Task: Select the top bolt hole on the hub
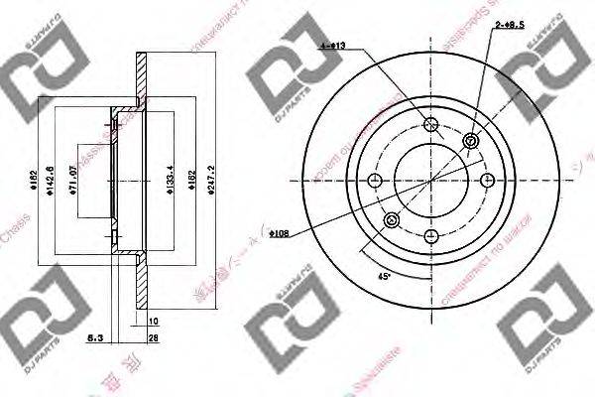click(x=430, y=125)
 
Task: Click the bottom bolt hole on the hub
click(x=430, y=236)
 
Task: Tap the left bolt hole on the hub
click(x=375, y=181)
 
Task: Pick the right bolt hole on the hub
click(x=486, y=181)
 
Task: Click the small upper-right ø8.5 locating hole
click(x=469, y=142)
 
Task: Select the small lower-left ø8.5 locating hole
click(x=391, y=219)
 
